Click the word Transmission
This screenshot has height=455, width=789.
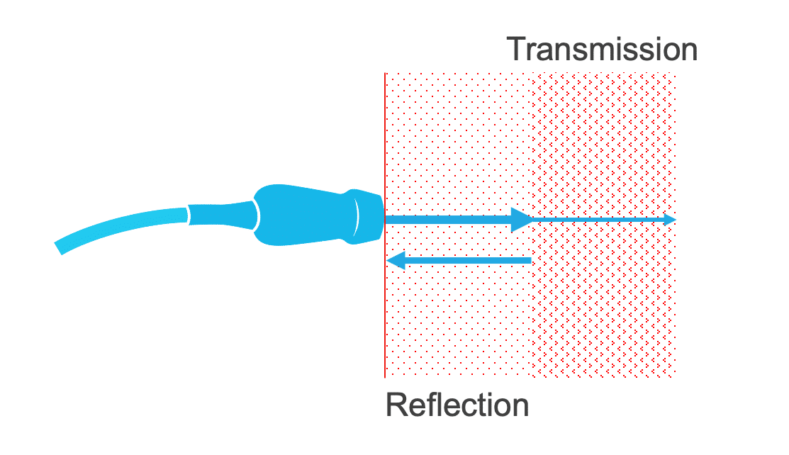[x=603, y=50]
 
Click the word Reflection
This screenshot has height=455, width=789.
[x=457, y=406]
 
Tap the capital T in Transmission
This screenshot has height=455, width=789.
[x=517, y=50]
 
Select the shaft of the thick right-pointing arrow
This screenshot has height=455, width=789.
[x=447, y=220]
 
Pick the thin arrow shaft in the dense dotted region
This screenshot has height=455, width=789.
[x=603, y=220]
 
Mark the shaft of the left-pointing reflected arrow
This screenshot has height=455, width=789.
[x=468, y=261]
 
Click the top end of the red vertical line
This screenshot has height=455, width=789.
[x=385, y=74]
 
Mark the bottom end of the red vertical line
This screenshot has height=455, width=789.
[x=385, y=376]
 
